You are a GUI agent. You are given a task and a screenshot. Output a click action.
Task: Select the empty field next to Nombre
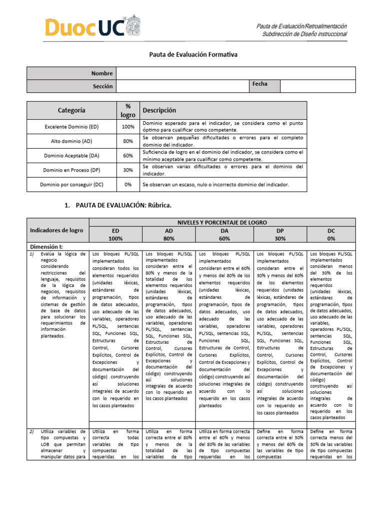pos(235,73)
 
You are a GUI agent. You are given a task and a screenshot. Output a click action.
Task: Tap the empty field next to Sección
pos(182,86)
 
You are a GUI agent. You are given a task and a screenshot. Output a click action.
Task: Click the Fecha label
pos(260,84)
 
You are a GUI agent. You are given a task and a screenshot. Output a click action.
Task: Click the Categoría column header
pos(71,110)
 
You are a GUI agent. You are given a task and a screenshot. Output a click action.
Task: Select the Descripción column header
pos(159,110)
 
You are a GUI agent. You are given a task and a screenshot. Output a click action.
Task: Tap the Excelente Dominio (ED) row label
pos(71,127)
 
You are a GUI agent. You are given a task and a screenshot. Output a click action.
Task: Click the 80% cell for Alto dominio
pos(128,141)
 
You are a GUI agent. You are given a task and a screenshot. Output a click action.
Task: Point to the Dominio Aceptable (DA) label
pos(71,156)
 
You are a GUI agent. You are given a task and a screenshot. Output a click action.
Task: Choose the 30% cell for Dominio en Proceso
pos(128,170)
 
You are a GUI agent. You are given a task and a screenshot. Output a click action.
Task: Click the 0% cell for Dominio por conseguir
pos(128,185)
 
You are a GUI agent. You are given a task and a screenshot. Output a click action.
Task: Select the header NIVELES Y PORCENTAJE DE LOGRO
pos(222,222)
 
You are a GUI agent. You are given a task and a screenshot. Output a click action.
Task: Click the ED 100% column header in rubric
pos(116,235)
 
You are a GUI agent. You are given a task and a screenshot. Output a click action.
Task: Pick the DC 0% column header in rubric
pos(331,235)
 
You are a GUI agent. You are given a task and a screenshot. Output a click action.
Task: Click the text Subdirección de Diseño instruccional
pos(304,34)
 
